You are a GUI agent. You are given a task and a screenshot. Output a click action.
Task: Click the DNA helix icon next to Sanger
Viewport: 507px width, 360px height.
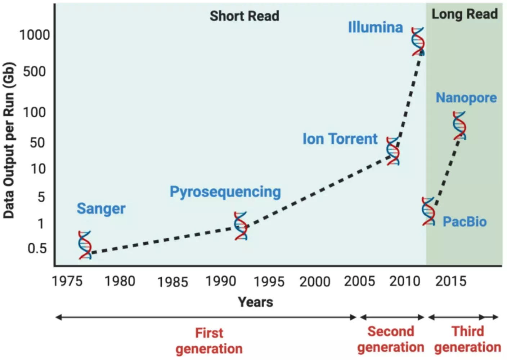pyautogui.click(x=85, y=245)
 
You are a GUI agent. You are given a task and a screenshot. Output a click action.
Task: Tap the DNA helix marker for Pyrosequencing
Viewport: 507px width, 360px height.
pyautogui.click(x=241, y=226)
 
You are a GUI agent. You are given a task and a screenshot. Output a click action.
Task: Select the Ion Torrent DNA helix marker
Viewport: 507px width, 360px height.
pyautogui.click(x=393, y=151)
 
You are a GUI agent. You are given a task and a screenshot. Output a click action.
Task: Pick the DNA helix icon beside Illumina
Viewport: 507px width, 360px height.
pyautogui.click(x=418, y=41)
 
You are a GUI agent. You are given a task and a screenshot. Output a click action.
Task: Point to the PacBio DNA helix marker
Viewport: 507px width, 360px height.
pyautogui.click(x=428, y=211)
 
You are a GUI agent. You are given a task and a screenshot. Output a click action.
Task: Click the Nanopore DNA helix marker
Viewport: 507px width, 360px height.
pyautogui.click(x=459, y=125)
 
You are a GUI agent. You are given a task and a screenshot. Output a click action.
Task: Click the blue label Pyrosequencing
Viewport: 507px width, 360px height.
pyautogui.click(x=225, y=192)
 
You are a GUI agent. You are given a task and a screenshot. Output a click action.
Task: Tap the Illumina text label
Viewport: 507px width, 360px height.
pyautogui.click(x=375, y=27)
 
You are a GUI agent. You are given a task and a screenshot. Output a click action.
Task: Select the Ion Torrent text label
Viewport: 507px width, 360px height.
pyautogui.click(x=340, y=139)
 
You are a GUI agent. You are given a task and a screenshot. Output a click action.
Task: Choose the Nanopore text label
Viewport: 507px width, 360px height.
pyautogui.click(x=466, y=98)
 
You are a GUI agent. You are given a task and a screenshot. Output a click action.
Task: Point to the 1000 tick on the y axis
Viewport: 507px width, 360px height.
pyautogui.click(x=35, y=35)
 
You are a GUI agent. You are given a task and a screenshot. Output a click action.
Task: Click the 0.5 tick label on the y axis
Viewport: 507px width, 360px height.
pyautogui.click(x=37, y=248)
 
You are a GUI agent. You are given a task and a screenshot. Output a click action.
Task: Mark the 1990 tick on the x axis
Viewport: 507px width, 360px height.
pyautogui.click(x=220, y=281)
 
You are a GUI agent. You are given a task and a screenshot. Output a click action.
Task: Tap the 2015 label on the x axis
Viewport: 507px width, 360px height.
pyautogui.click(x=451, y=281)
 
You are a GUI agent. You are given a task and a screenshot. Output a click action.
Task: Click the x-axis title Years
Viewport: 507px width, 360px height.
pyautogui.click(x=255, y=302)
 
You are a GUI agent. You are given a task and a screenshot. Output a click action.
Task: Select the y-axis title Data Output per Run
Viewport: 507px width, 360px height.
pyautogui.click(x=9, y=140)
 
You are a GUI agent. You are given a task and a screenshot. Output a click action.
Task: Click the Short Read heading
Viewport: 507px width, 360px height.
pyautogui.click(x=244, y=16)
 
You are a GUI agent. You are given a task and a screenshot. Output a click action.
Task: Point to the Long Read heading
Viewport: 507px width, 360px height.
pyautogui.click(x=465, y=14)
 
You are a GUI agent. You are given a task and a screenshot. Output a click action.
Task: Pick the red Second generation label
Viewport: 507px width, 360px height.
pyautogui.click(x=391, y=339)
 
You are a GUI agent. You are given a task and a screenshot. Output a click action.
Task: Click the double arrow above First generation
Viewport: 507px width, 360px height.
pyautogui.click(x=206, y=317)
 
